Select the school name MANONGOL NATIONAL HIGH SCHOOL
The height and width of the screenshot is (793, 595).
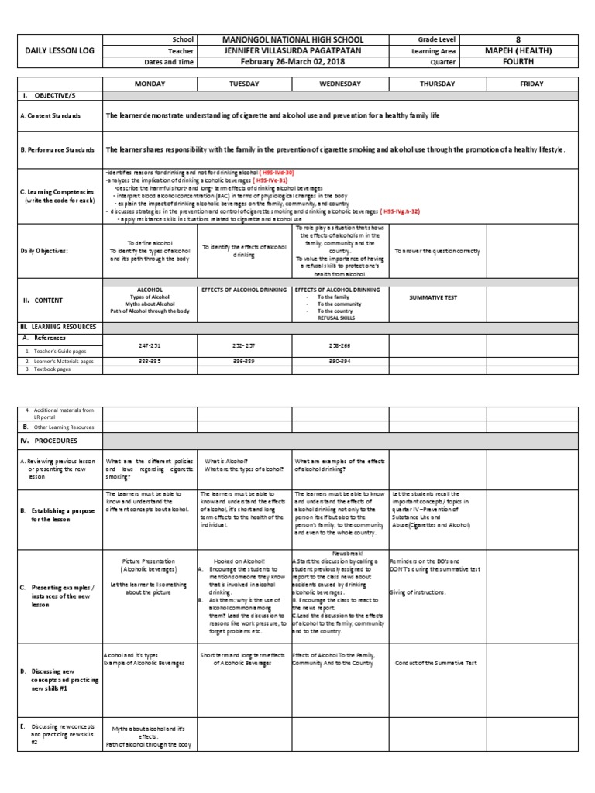(292, 39)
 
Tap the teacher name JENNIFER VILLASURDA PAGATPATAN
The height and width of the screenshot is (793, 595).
(292, 50)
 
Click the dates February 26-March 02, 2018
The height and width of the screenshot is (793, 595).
(292, 62)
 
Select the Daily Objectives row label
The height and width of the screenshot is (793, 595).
(44, 251)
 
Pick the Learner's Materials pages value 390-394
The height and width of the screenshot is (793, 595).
(339, 361)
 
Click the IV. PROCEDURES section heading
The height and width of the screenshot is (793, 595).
(48, 441)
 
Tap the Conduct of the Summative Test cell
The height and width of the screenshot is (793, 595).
(437, 663)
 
